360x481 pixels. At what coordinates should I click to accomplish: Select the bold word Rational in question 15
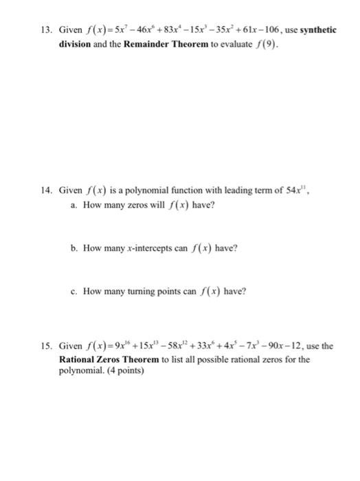point(77,359)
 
